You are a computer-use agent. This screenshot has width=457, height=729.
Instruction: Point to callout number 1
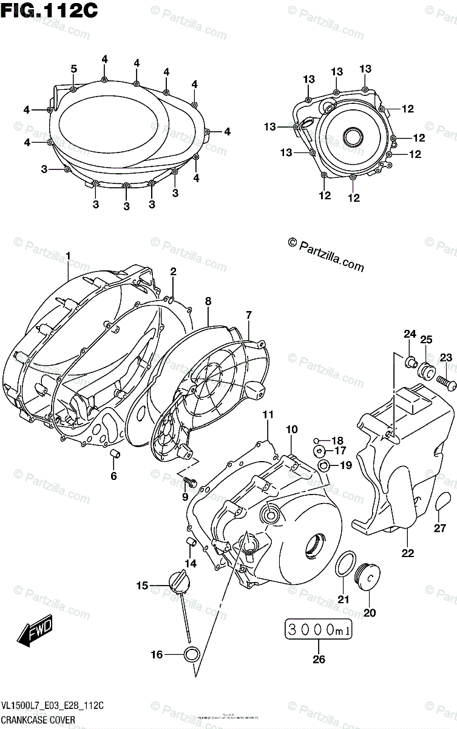[x=69, y=256]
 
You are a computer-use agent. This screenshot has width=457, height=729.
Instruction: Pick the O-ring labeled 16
[x=192, y=654]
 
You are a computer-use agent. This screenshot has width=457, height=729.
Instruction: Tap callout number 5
[x=73, y=69]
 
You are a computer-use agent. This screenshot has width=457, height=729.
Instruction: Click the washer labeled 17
[x=322, y=451]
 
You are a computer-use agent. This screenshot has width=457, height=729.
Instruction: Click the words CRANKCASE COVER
[x=38, y=720]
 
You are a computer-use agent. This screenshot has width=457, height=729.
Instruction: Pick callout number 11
[x=268, y=414]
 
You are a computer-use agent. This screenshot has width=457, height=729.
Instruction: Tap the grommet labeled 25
[x=427, y=371]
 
